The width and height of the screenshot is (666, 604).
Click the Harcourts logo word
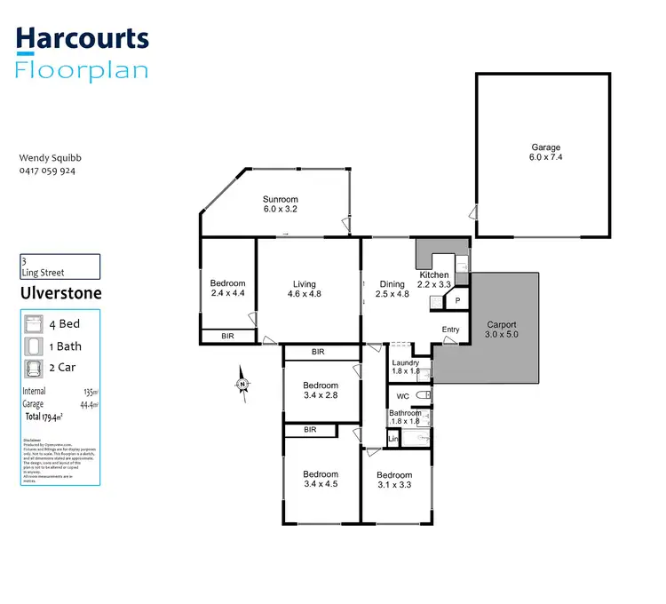tap(83, 39)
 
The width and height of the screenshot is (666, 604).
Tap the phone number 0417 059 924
tap(47, 171)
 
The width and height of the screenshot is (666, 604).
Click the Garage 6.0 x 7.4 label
tap(546, 153)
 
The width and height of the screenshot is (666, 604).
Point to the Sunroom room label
tap(280, 204)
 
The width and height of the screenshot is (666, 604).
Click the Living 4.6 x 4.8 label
tap(304, 290)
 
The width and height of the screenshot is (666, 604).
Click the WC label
tap(401, 394)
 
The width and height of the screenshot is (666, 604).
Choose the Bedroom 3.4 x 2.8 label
tap(320, 389)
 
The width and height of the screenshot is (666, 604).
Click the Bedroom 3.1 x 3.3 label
tap(393, 481)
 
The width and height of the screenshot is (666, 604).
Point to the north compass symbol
tap(242, 384)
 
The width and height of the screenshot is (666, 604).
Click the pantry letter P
tap(457, 301)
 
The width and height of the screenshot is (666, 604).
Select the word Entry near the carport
tap(451, 330)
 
